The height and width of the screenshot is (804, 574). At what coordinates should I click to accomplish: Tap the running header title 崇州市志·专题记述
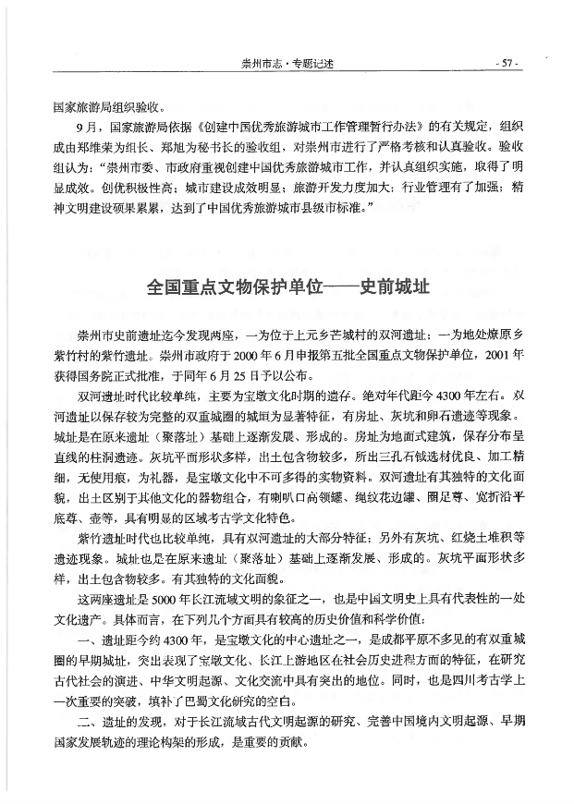[286, 64]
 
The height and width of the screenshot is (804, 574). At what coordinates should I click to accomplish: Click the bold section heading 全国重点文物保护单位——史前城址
[288, 288]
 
